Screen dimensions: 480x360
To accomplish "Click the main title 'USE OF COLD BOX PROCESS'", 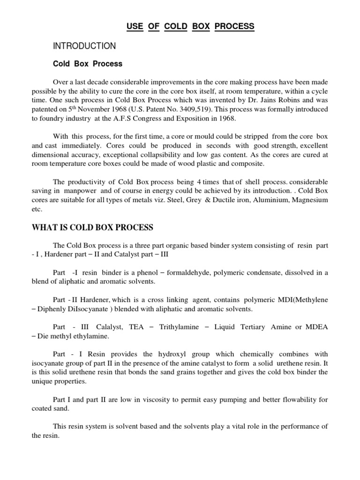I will pyautogui.click(x=190, y=26).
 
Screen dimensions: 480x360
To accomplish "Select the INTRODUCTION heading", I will pyautogui.click(x=84, y=46).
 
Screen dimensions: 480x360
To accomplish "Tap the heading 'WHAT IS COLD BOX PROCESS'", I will pyautogui.click(x=92, y=228).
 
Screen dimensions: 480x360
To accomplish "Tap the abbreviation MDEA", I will pyautogui.click(x=316, y=327).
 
